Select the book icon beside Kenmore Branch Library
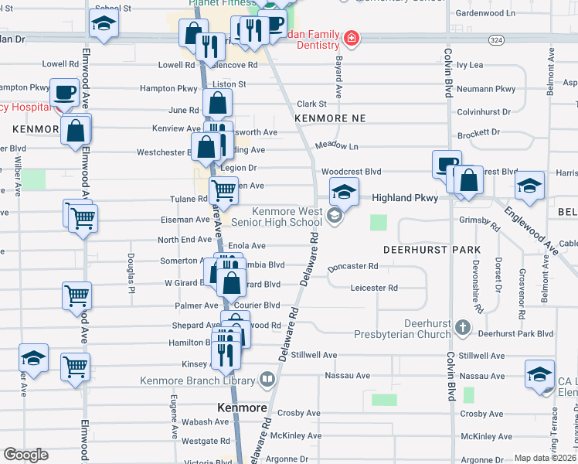point(267,380)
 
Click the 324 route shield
point(497,39)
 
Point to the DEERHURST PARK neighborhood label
point(432,251)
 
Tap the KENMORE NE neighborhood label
point(329,117)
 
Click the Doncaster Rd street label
point(352,267)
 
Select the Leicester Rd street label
point(373,288)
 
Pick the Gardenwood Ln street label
point(485,13)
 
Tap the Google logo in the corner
point(25,455)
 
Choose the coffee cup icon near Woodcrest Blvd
point(446,164)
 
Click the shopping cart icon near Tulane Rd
point(223,188)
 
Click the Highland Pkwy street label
point(405,198)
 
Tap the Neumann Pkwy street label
point(486,89)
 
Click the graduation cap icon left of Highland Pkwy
point(345,192)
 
